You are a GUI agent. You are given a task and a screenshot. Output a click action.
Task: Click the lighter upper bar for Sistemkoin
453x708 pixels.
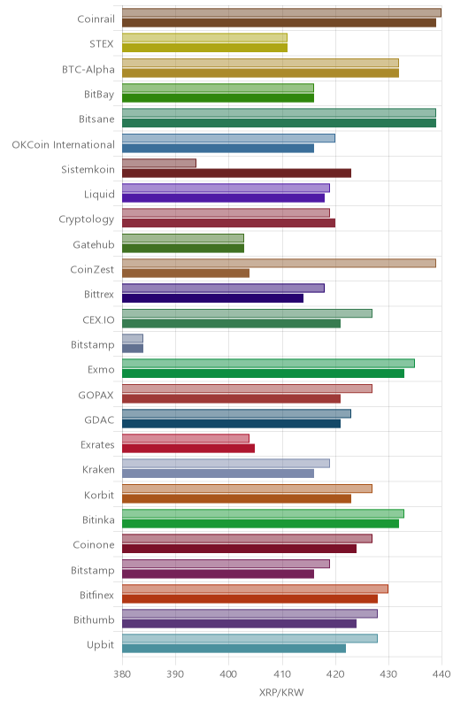tap(159, 163)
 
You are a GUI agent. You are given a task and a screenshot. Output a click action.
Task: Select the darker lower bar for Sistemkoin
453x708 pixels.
tap(236, 173)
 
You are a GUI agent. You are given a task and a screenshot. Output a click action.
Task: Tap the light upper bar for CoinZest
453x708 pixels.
tap(279, 263)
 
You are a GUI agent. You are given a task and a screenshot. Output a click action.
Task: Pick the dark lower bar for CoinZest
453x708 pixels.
tap(186, 273)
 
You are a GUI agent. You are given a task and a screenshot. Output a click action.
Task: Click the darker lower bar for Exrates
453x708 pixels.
tap(188, 449)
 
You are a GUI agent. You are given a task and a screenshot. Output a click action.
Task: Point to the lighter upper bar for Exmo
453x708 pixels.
tap(268, 364)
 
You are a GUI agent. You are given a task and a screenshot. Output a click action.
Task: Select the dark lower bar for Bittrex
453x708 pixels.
tap(213, 298)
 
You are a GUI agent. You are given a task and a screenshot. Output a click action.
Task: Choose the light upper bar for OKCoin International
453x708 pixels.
tap(229, 138)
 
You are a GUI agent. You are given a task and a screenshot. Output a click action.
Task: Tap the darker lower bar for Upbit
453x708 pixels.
tap(234, 649)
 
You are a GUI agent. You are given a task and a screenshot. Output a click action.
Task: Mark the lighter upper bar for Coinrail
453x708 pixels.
tap(281, 12)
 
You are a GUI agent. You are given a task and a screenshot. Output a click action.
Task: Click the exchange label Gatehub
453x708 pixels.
tap(94, 245)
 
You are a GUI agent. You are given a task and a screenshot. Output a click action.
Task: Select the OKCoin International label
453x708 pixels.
tap(63, 144)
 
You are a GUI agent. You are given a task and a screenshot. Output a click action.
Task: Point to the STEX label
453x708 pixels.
tap(102, 44)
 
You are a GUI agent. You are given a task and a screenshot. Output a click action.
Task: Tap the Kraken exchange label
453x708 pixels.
tap(98, 470)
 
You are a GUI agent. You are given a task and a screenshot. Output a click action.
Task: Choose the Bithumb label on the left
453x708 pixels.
tap(94, 620)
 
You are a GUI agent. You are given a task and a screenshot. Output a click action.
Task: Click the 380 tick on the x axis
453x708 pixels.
tap(122, 674)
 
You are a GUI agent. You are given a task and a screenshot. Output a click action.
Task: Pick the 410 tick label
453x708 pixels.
tap(282, 674)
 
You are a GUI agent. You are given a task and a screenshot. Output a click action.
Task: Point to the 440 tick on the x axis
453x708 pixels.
tap(441, 674)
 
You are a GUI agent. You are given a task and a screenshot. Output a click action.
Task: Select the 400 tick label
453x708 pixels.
tap(229, 674)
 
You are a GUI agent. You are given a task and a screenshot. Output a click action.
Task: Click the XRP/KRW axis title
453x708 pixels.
tap(281, 693)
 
